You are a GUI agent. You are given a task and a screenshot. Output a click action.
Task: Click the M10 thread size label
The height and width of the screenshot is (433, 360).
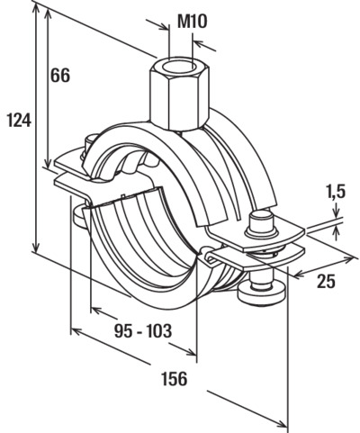tap(193, 22)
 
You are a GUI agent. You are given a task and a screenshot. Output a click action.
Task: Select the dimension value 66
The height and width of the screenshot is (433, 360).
tap(59, 75)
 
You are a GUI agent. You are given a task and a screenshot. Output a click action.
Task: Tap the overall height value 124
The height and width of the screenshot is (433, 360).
tap(19, 120)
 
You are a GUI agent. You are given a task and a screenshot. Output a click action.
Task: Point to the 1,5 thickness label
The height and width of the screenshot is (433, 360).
tap(336, 193)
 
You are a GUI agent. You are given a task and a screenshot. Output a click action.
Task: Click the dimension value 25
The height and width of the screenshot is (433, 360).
tap(327, 281)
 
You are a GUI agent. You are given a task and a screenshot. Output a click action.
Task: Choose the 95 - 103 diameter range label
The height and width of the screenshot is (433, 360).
tap(143, 331)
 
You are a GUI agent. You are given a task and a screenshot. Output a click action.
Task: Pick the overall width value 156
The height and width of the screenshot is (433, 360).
tap(175, 378)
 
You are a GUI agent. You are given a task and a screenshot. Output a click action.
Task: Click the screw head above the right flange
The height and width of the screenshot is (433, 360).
tap(261, 223)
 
